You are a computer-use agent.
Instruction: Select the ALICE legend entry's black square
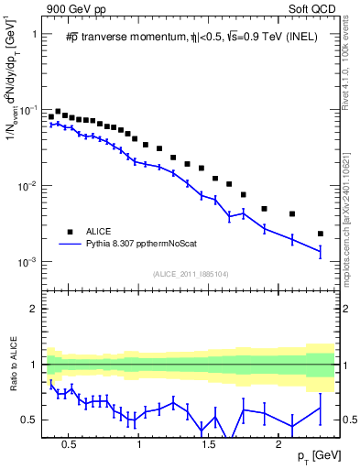tap(69, 231)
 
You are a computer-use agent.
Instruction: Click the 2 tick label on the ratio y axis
tap(35, 309)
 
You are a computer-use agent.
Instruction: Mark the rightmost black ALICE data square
tap(320, 234)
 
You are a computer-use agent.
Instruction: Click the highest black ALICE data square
tap(58, 112)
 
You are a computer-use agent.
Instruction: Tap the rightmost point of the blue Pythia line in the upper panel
tap(320, 251)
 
